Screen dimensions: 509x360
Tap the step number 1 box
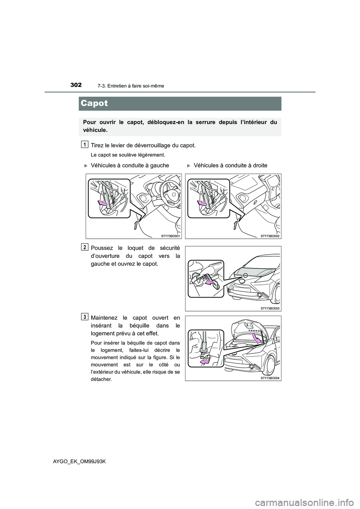click(x=85, y=144)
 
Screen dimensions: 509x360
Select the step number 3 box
click(x=85, y=317)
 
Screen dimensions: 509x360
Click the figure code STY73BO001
click(x=171, y=236)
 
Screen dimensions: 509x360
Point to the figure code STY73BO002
click(x=270, y=236)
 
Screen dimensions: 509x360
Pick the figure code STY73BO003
click(x=270, y=308)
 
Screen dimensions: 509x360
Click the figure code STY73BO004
click(x=270, y=378)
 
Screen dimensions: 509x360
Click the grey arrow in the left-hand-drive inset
click(x=102, y=203)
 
